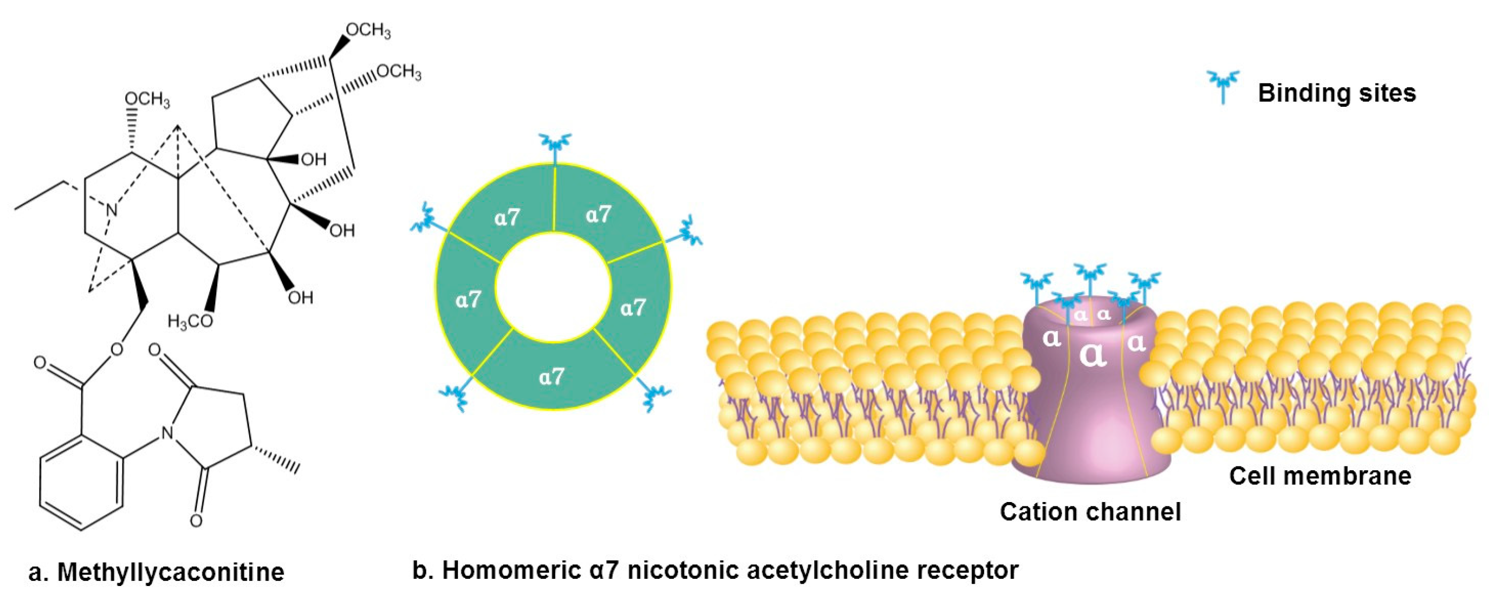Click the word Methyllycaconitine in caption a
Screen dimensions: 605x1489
170,572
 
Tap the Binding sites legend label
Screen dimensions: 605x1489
1336,93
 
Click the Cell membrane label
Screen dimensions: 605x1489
1320,476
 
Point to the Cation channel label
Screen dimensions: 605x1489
1090,512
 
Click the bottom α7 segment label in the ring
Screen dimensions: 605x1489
551,377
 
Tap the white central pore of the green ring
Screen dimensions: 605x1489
553,287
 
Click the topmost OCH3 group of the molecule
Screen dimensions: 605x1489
368,30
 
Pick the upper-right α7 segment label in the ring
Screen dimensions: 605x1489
598,214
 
